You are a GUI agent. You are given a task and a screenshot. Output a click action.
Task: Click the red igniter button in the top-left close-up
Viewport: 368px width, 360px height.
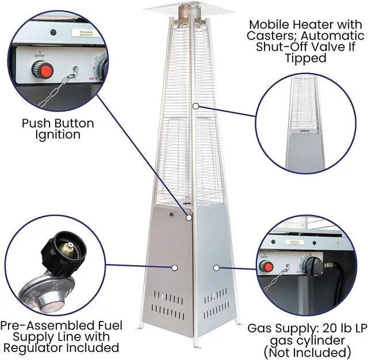click(42, 71)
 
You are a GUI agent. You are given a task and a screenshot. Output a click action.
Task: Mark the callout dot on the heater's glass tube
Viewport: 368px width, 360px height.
click(195, 106)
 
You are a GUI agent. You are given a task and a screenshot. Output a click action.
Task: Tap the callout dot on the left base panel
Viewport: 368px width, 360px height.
click(175, 267)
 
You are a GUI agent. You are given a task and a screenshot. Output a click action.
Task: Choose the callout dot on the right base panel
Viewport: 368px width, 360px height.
click(216, 267)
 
